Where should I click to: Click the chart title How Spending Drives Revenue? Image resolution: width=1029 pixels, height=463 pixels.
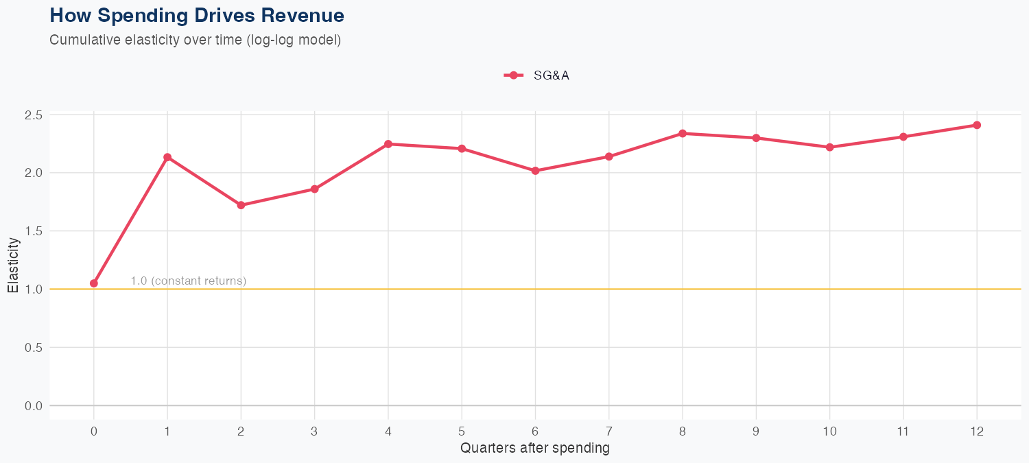(197, 15)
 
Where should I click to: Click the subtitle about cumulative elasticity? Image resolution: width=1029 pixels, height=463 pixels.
(195, 40)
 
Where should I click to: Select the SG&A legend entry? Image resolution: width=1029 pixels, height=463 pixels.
(537, 75)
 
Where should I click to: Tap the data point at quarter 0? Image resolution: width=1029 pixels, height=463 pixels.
(94, 283)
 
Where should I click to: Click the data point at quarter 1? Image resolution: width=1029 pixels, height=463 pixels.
(167, 157)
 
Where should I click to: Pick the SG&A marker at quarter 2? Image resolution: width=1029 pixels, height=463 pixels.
(241, 205)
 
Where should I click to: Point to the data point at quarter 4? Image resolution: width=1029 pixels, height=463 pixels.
(388, 144)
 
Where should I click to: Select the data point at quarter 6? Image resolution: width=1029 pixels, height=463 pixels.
(536, 171)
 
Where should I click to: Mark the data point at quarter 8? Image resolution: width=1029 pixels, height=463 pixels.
(683, 133)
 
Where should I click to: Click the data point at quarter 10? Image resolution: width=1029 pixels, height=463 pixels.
(830, 147)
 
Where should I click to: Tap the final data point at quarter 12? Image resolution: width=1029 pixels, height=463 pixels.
(977, 125)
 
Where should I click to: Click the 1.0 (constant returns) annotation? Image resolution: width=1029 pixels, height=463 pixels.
(188, 281)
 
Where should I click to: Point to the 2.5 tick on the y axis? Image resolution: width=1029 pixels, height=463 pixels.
(33, 115)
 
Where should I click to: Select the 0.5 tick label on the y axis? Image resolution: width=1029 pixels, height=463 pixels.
(33, 348)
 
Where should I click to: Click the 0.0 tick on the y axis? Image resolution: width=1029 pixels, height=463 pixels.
(33, 406)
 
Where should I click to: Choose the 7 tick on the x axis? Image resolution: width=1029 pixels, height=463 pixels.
(609, 431)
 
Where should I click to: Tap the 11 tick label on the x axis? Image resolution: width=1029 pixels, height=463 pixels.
(903, 431)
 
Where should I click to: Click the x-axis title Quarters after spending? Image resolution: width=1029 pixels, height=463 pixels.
(535, 449)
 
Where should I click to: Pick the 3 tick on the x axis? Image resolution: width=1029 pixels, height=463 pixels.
(314, 431)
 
